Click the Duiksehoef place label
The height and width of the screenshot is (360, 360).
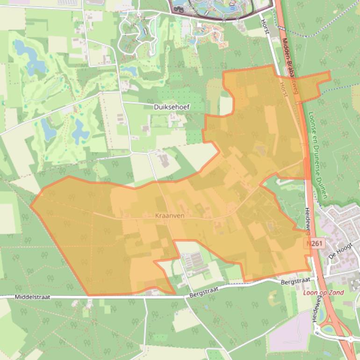point(172,107)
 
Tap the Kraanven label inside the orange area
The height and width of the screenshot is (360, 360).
point(170,216)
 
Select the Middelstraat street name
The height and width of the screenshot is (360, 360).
point(32,297)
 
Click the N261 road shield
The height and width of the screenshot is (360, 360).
point(315,244)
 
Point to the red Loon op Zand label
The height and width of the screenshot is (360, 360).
point(324,293)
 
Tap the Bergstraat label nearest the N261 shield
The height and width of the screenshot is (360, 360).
point(295,281)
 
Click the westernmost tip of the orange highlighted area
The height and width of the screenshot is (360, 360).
point(31,205)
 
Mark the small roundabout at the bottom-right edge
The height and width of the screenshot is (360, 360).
point(350,339)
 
